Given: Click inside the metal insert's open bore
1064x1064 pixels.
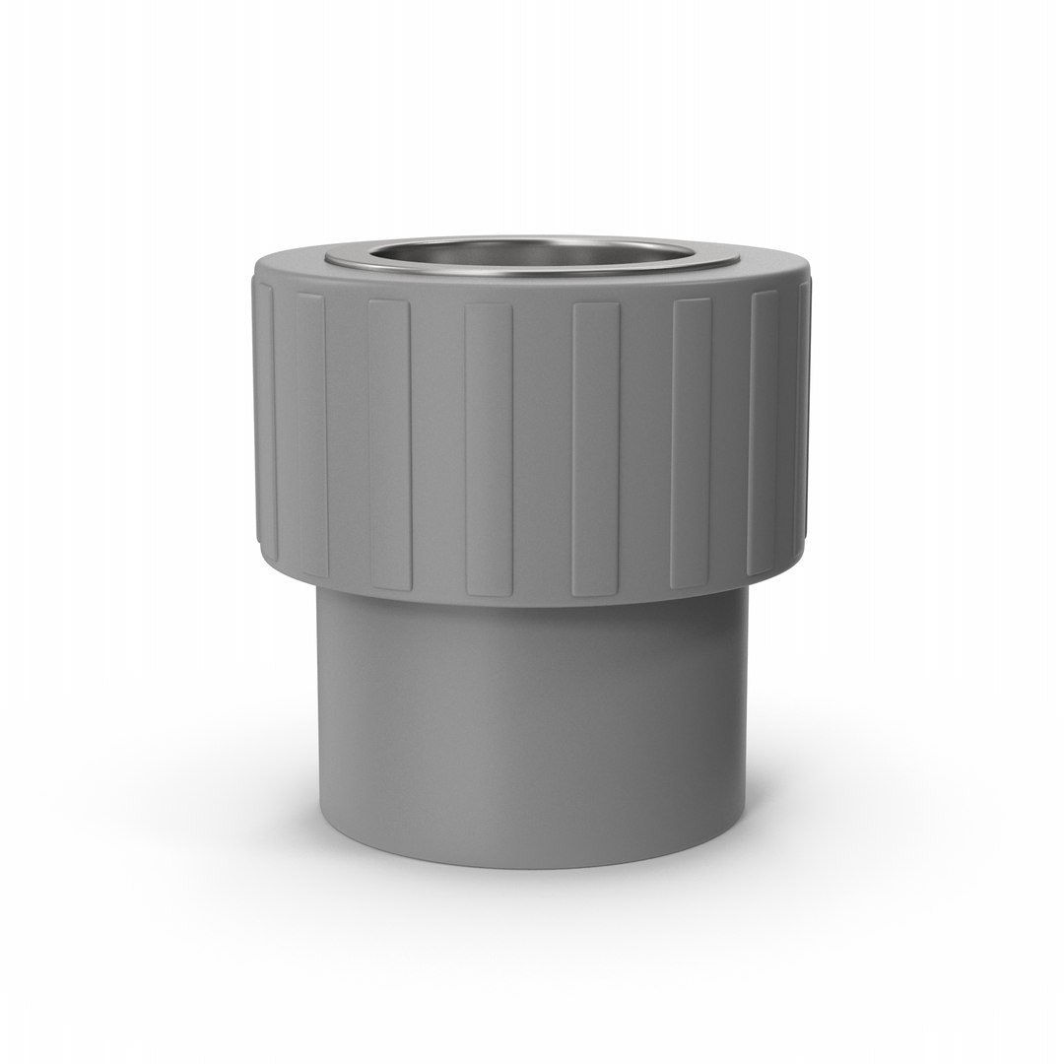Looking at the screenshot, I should tap(532, 252).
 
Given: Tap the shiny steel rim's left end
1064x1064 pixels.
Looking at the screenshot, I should tap(331, 258).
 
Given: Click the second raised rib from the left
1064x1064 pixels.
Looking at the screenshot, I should tap(310, 433).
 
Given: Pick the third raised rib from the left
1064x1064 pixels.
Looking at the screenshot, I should tap(389, 443).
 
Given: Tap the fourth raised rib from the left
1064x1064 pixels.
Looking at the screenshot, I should tap(489, 448).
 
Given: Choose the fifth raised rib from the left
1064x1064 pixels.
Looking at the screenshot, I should tap(596, 448).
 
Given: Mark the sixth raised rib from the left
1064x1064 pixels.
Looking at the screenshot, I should tap(692, 443).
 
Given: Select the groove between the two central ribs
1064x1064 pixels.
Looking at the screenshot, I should tap(542, 448).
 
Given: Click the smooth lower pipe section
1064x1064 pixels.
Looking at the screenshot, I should tap(532, 729).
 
